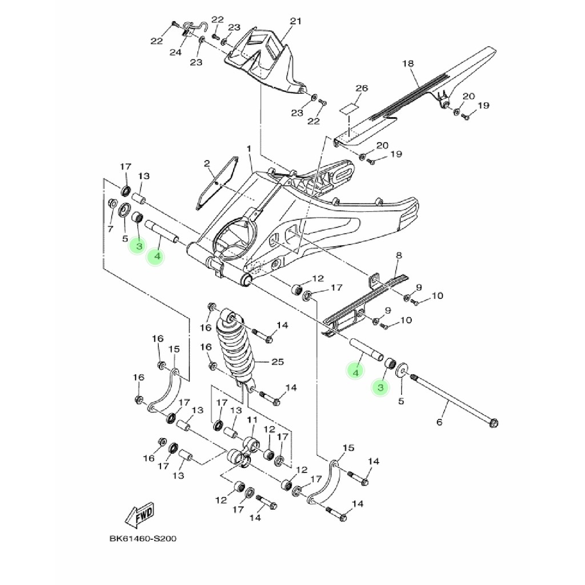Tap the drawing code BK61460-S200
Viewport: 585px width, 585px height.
[x=142, y=539]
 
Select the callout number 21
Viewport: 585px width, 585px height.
[x=295, y=22]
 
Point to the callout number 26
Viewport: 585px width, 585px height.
[x=362, y=89]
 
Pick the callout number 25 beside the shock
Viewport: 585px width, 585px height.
[x=277, y=362]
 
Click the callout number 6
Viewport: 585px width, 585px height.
[x=439, y=422]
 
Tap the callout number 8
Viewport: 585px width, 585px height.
[x=399, y=255]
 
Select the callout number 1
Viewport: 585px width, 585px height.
[x=249, y=149]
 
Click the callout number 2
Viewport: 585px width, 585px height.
[x=207, y=164]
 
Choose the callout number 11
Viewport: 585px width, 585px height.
[x=251, y=420]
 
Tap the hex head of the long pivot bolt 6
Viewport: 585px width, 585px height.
[x=494, y=423]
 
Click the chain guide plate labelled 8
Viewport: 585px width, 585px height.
[x=366, y=303]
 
